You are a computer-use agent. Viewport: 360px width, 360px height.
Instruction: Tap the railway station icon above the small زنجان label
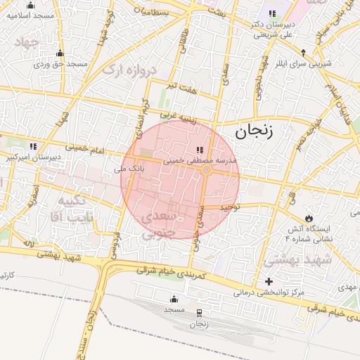pos(199,313)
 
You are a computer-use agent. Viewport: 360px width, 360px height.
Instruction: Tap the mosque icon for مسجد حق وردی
pos(60,53)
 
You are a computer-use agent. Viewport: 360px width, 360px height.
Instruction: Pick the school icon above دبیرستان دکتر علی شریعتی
pos(271,14)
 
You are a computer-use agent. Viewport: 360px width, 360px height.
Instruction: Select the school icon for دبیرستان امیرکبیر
pos(33,147)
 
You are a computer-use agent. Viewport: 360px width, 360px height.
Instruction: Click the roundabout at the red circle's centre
pos(207,170)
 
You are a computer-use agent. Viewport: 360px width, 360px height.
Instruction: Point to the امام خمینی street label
pos(85,148)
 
